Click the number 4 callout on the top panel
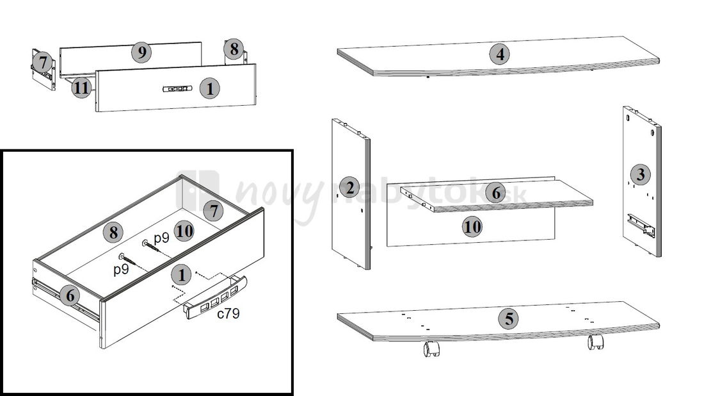point(500,54)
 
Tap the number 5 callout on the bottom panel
point(509,318)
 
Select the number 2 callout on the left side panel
point(349,188)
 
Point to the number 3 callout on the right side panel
point(641,174)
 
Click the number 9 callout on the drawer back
point(141,53)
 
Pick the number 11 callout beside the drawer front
point(81,88)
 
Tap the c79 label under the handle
point(228,313)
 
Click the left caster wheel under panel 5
point(431,349)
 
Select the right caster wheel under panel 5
point(596,342)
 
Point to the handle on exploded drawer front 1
point(177,88)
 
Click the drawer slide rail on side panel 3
point(641,225)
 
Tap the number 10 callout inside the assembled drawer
point(184,231)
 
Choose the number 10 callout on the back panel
point(472,227)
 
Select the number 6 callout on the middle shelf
point(496,193)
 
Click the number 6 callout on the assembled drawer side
point(70,296)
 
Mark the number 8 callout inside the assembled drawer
point(113,233)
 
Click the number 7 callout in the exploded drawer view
point(43,63)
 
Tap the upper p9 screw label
point(161,238)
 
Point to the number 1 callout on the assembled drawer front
point(181,275)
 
